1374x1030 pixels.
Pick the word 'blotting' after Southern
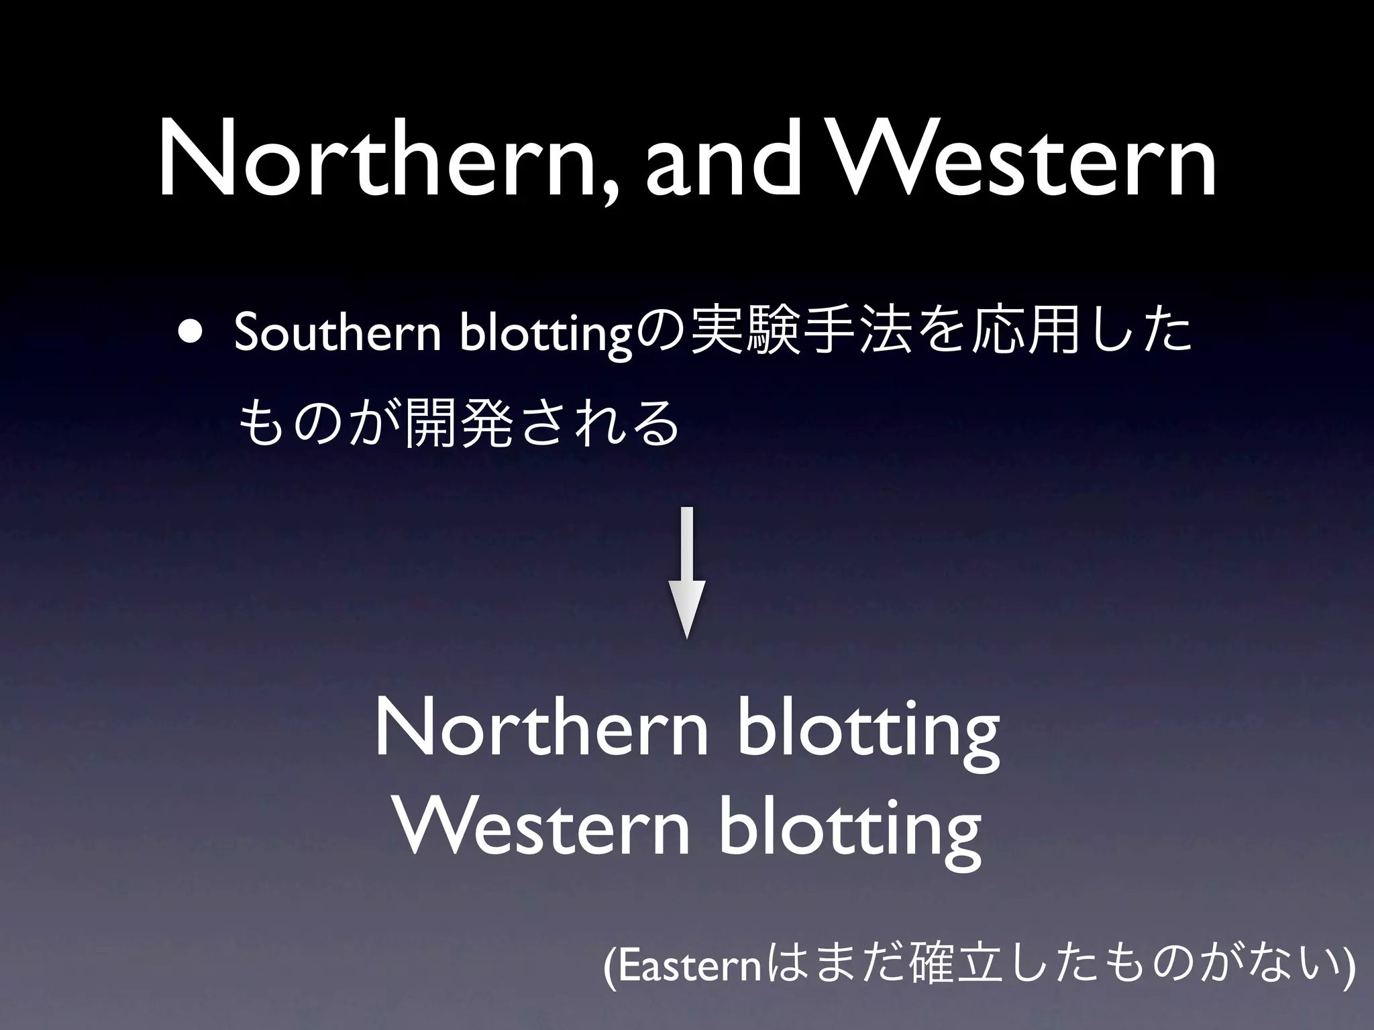[547, 333]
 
